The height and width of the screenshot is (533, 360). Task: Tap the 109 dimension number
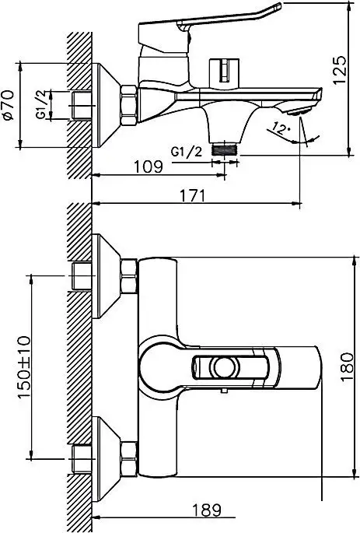(x=147, y=167)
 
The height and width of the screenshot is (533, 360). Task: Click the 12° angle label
(x=282, y=128)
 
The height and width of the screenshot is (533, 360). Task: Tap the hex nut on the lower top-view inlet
(x=128, y=454)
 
